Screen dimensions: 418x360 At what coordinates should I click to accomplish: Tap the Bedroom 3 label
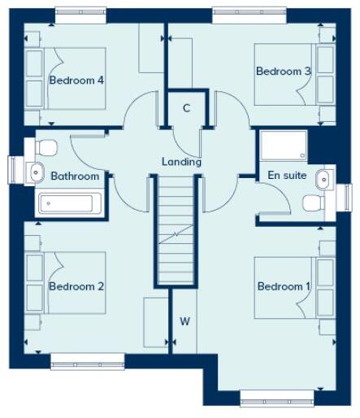pyautogui.click(x=283, y=72)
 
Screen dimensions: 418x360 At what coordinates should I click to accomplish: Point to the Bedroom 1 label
pyautogui.click(x=284, y=286)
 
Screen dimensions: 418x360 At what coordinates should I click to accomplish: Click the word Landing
pyautogui.click(x=181, y=162)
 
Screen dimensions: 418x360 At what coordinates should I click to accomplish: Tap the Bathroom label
pyautogui.click(x=75, y=176)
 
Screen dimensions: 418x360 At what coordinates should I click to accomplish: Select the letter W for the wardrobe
pyautogui.click(x=184, y=321)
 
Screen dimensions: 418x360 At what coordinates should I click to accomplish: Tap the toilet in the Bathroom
pyautogui.click(x=45, y=147)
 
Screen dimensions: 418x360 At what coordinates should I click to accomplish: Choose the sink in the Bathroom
pyautogui.click(x=35, y=171)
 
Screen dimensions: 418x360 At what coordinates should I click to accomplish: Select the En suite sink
pyautogui.click(x=323, y=179)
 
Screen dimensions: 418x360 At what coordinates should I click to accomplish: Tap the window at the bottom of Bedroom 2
pyautogui.click(x=87, y=360)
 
